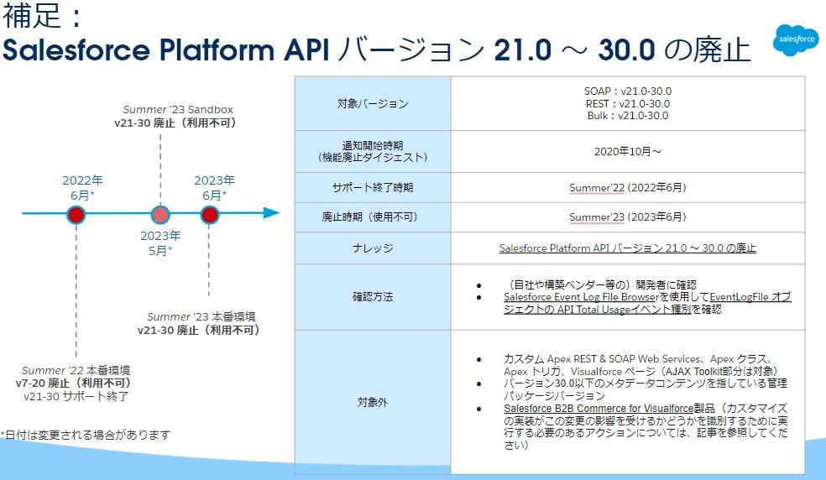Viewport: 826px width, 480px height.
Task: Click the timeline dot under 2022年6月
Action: coord(76,215)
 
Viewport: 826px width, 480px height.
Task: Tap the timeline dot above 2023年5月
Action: coord(159,215)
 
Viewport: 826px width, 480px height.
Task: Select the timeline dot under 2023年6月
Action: coord(210,215)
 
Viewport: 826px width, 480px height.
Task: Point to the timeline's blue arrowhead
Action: coord(270,213)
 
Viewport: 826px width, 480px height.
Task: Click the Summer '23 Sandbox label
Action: coord(178,109)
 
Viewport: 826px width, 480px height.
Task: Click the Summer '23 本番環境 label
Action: coord(201,316)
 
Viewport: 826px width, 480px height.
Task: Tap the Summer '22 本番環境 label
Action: coord(76,370)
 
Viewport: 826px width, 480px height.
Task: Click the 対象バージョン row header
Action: coord(372,104)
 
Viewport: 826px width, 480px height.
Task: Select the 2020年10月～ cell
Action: coord(627,152)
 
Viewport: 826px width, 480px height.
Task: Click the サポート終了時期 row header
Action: coord(372,188)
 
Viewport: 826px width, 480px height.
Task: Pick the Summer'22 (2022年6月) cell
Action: coord(627,188)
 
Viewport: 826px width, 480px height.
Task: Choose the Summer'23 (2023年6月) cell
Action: coord(627,217)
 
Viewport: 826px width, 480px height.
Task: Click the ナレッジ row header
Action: coord(372,248)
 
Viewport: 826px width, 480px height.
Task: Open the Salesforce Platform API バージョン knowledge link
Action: coord(627,248)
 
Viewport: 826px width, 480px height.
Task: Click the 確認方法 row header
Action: coord(372,296)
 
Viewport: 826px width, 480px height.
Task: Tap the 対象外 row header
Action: coord(372,402)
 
